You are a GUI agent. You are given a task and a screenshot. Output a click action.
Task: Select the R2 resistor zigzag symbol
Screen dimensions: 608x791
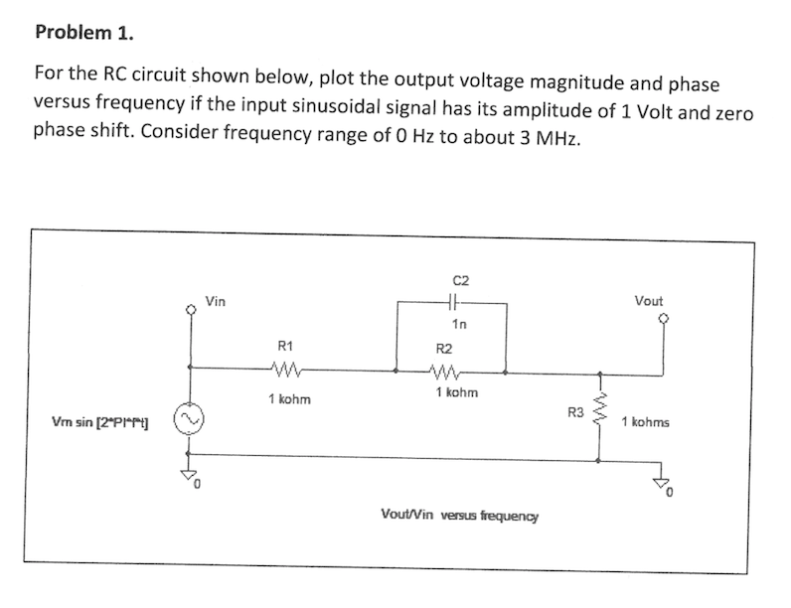pos(444,373)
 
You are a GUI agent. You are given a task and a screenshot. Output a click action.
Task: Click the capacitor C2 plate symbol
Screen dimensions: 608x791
pos(452,304)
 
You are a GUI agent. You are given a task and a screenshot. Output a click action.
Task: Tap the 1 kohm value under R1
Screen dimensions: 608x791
pos(289,399)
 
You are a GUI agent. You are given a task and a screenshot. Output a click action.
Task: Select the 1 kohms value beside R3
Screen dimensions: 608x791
pos(646,422)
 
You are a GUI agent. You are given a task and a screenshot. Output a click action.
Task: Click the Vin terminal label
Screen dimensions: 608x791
pos(216,300)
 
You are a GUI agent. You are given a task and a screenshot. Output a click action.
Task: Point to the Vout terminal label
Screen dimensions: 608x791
pos(647,300)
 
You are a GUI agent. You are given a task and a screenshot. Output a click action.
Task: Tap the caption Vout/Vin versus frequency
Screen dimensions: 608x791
pos(460,516)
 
